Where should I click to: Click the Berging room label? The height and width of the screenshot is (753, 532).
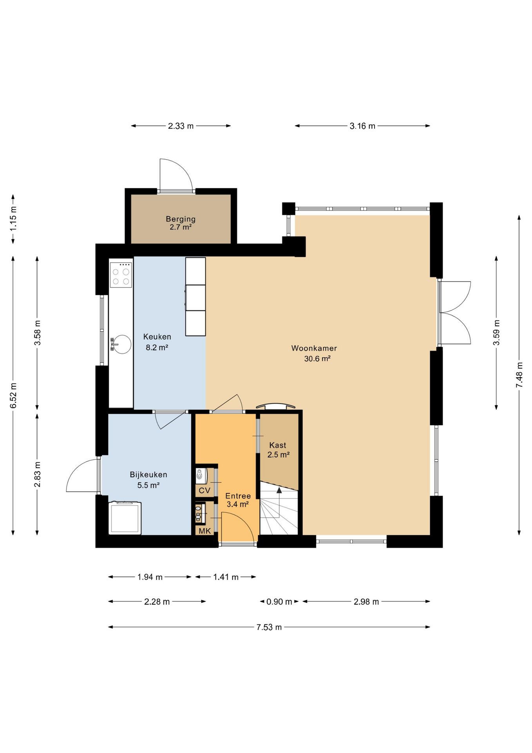pos(181,223)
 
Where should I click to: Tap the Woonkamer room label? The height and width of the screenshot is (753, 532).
pos(315,353)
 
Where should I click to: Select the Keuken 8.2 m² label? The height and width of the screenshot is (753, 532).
pos(157,342)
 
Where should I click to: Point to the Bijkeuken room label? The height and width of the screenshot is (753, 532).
pos(148,480)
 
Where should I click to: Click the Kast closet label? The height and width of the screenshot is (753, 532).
pos(278,450)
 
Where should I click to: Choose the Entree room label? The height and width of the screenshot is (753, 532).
pos(238,500)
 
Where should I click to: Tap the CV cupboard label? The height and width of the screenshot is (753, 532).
pos(204,491)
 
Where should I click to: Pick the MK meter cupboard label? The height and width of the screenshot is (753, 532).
pos(205,531)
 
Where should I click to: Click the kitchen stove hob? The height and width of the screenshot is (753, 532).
pos(121,275)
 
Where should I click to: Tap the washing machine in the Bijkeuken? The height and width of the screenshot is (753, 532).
pos(125,518)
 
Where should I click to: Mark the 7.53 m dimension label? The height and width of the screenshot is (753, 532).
pos(269,627)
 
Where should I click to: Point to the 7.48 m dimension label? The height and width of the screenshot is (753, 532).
pos(519,375)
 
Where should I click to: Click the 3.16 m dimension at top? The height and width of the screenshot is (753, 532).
pos(362,126)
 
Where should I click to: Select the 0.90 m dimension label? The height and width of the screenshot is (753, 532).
pos(279,602)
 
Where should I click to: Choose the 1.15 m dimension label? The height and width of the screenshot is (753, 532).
pos(13,219)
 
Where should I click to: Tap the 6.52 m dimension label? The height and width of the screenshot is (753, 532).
pos(13,395)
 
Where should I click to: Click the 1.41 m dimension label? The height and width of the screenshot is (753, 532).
pos(226,577)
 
